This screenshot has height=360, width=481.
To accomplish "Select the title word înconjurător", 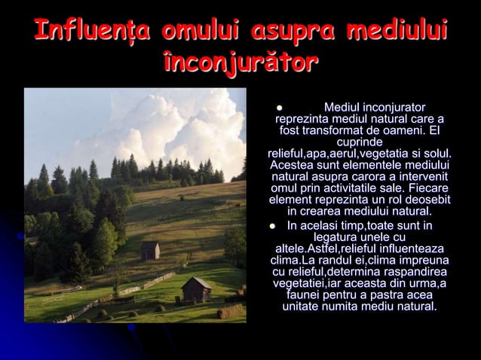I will pos(240,62).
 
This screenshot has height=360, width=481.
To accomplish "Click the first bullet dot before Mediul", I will pos(278,108).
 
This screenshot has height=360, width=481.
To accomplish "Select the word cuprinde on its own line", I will pos(359,142).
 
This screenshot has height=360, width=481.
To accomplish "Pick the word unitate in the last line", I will pos(301,307).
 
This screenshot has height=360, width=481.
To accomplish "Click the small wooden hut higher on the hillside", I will pos(150,250).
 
